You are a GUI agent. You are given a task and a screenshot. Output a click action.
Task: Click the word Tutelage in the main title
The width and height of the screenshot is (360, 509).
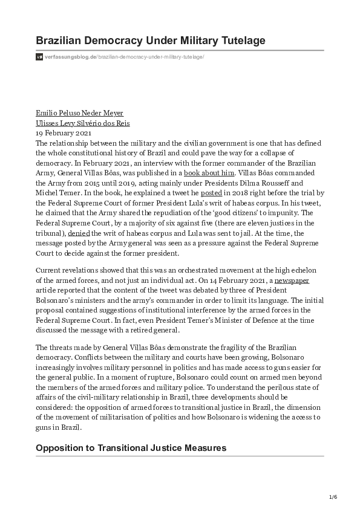point(238,40)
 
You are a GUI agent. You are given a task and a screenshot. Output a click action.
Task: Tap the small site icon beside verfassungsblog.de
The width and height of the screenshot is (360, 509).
point(39,57)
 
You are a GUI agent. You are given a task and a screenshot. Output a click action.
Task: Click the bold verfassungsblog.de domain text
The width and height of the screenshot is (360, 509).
point(70,57)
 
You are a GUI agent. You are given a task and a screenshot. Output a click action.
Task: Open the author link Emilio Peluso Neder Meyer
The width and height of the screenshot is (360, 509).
point(80,113)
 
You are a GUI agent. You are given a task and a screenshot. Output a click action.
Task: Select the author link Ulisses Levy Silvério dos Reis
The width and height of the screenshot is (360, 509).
point(83,123)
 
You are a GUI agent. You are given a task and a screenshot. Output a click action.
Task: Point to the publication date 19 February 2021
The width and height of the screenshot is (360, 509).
point(64,132)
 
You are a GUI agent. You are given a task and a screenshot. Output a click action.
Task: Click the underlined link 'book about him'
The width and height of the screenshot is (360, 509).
point(209,172)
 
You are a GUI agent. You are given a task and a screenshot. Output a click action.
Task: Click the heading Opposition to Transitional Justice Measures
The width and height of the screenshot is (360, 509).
point(131,448)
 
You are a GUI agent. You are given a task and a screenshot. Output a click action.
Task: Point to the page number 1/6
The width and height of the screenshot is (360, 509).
point(333,496)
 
